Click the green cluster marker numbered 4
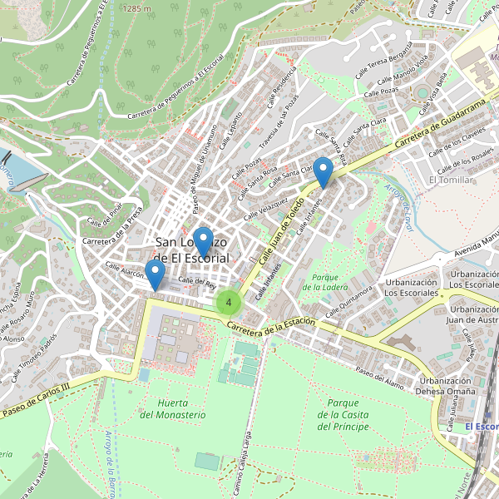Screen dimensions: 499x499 click(229, 302)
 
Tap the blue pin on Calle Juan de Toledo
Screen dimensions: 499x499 click(324, 172)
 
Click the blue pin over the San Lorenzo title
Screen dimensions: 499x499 click(202, 242)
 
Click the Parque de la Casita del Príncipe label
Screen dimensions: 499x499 click(343, 414)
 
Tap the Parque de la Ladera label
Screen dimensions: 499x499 click(325, 282)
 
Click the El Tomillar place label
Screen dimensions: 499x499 click(450, 180)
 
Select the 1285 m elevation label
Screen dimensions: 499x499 click(136, 7)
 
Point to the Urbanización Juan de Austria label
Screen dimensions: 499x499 click(471, 313)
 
